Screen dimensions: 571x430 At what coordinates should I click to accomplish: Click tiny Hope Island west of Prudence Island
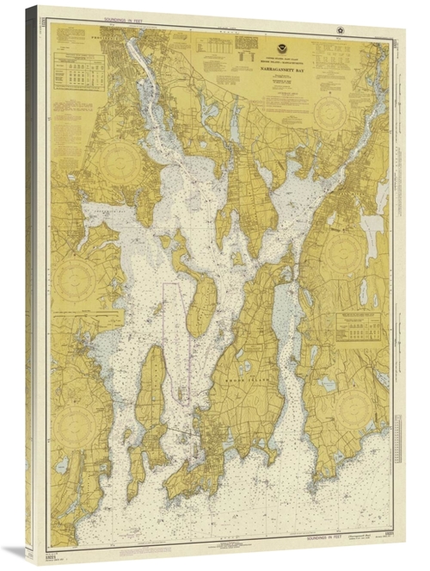157,307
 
